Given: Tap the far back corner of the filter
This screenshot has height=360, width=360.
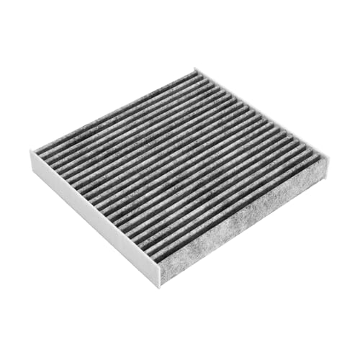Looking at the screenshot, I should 195,70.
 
